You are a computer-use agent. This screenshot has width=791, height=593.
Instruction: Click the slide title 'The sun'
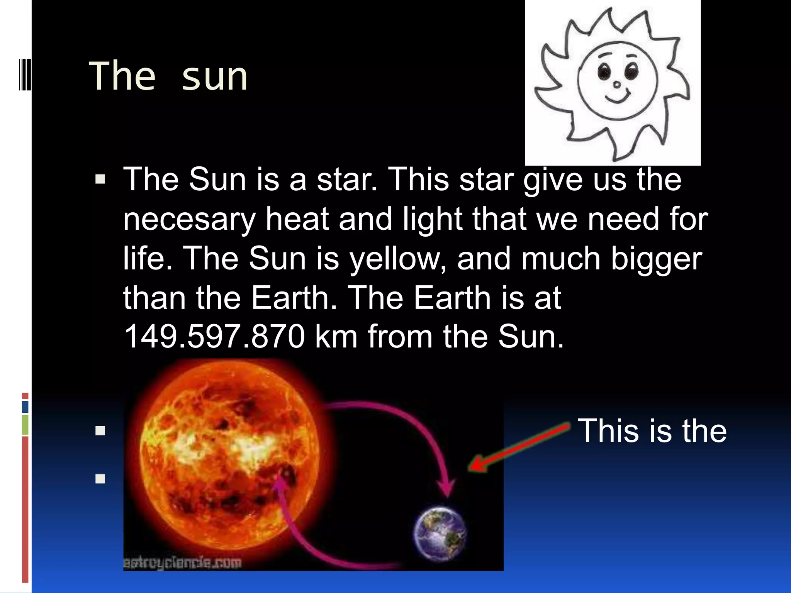tap(168, 76)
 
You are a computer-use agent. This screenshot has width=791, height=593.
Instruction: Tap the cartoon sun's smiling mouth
tap(617, 97)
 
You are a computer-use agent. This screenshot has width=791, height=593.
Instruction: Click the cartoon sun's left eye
tap(603, 71)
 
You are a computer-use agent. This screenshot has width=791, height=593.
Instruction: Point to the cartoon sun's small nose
tap(617, 84)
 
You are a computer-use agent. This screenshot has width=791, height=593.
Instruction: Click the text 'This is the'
tap(652, 430)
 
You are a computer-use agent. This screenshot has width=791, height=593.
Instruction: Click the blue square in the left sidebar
tap(25, 407)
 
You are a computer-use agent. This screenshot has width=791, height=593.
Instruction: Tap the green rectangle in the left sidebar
tap(25, 424)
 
